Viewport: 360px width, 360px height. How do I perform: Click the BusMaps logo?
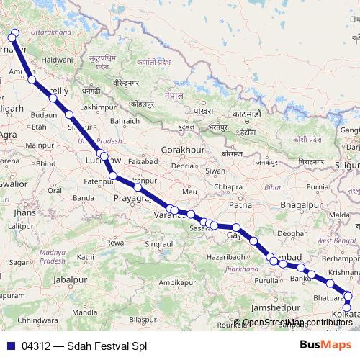point(325,346)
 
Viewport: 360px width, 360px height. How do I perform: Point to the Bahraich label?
point(124,120)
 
